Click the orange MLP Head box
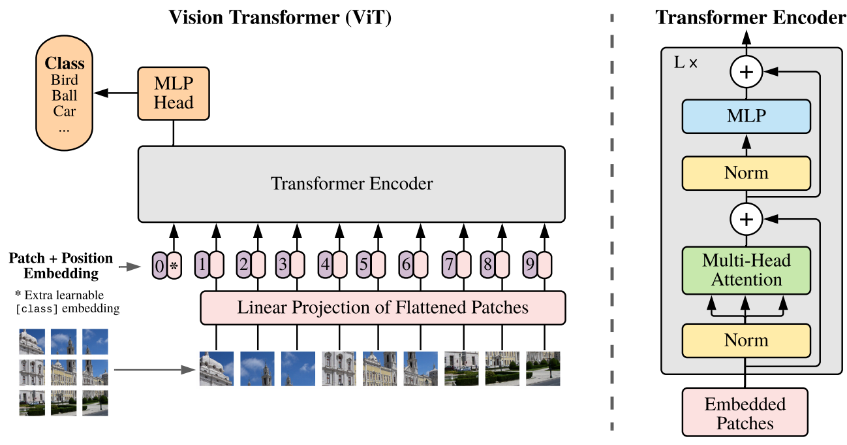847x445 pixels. (174, 93)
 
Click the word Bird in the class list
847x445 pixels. (65, 80)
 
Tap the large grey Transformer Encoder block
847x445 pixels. (351, 184)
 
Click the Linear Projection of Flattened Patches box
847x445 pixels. (382, 307)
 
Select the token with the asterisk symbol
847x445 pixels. (174, 266)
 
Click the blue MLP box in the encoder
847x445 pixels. (746, 117)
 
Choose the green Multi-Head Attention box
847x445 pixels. (746, 270)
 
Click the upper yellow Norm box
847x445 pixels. (746, 173)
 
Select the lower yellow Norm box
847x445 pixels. (746, 340)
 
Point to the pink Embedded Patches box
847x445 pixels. (745, 413)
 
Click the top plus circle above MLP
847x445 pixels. (746, 73)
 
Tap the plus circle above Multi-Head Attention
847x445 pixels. (746, 220)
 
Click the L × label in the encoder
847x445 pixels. (685, 63)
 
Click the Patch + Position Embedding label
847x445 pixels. (61, 265)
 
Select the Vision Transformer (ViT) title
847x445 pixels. (280, 17)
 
